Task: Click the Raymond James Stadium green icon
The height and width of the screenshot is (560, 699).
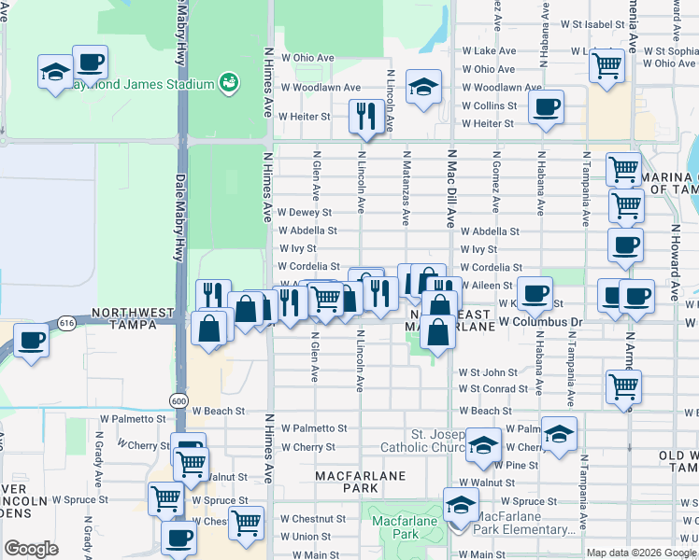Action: coord(227,84)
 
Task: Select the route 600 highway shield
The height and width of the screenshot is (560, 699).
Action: coord(178,399)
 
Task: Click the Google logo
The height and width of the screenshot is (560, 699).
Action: coord(31,549)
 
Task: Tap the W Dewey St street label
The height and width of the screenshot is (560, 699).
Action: coord(306,213)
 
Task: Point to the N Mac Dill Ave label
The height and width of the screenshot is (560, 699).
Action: coord(450,189)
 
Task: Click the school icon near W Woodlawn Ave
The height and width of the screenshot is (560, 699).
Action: coord(424,87)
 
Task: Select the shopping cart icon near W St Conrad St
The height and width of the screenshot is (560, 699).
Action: coord(623,385)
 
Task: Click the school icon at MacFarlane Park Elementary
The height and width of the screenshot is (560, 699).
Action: coord(461,506)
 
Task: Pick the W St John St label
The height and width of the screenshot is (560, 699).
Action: coord(488,372)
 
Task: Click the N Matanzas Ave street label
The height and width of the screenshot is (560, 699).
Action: coord(407,189)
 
